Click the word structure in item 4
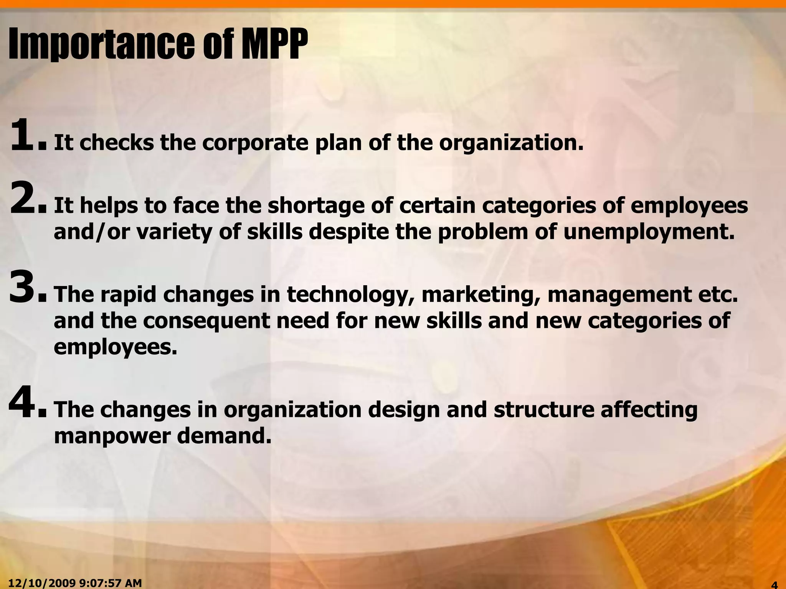click(x=543, y=410)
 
